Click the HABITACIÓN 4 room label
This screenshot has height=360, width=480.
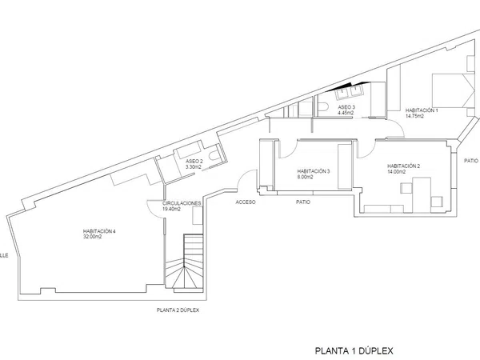coord(99,231)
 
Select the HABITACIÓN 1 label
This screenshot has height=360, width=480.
coord(422,110)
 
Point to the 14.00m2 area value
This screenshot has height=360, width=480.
coord(397,172)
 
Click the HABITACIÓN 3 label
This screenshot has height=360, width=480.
coord(314,171)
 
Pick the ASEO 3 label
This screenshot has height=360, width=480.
coord(346,107)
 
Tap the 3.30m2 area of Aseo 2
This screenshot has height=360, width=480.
coord(194,167)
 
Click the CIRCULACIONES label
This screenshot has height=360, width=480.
coord(182,203)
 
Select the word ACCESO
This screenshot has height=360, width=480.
coord(246,202)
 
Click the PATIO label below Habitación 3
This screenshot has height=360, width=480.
coord(303,202)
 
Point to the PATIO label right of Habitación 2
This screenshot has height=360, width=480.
coord(471,161)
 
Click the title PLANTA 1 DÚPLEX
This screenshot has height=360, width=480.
coord(354,350)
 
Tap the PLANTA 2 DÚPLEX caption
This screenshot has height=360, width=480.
coord(178,310)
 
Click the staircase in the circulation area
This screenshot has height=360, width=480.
coord(184,262)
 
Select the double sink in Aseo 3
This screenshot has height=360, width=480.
coord(349,92)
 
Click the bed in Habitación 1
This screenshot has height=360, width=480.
coord(453,90)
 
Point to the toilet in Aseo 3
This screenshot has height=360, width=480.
coord(323,106)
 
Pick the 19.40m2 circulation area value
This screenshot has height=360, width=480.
coord(172,209)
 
